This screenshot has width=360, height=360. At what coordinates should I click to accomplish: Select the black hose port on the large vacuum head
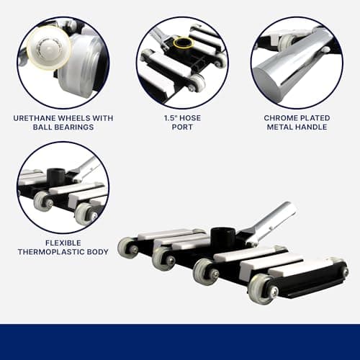(220, 235)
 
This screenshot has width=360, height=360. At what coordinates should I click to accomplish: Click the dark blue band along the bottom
(180, 342)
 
